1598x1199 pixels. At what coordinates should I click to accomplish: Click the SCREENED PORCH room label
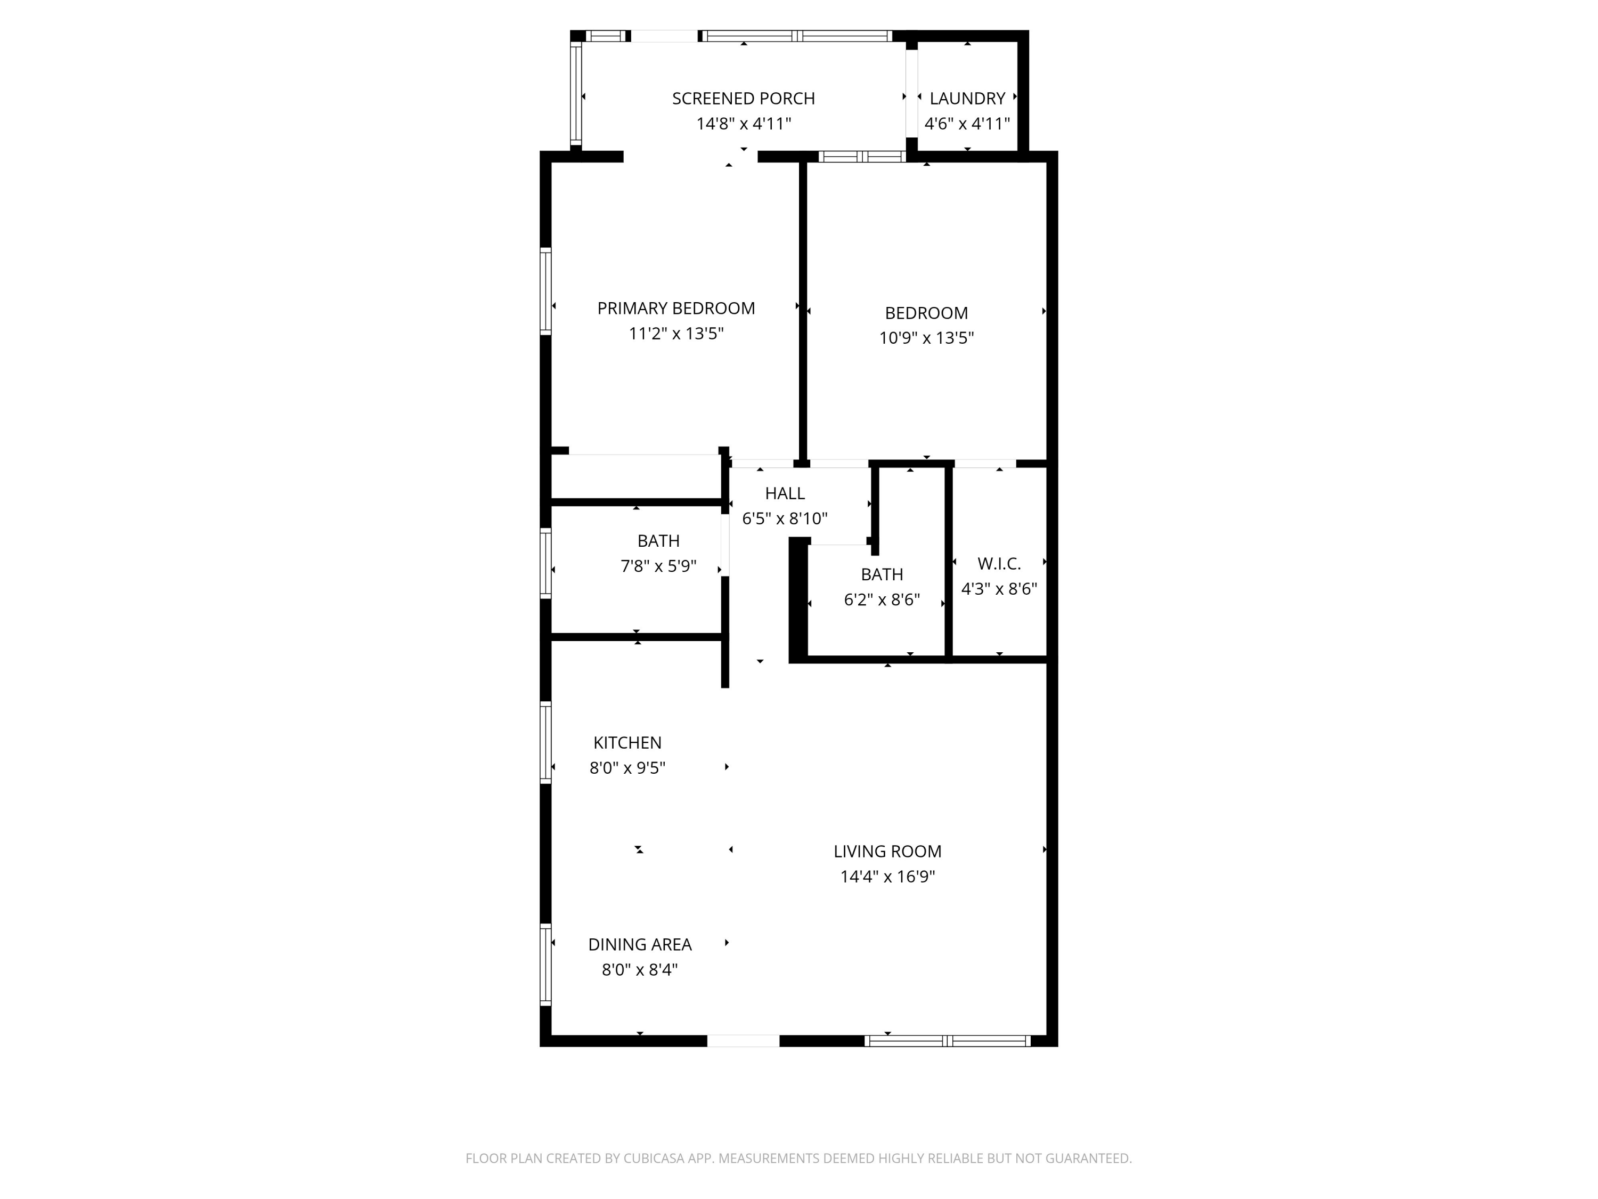coord(744,98)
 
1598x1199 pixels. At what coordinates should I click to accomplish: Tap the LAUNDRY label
coord(967,98)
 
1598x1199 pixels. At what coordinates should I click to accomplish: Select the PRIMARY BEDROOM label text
coord(676,309)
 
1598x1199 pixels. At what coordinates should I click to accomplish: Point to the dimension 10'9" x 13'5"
coord(926,337)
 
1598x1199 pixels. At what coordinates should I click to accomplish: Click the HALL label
coord(785,493)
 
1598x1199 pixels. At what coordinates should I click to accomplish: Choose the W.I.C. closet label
coord(999,564)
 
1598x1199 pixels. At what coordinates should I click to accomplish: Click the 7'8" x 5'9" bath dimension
coord(659,566)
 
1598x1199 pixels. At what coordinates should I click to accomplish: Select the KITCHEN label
coord(627,743)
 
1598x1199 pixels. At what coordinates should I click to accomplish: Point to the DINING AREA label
coord(640,945)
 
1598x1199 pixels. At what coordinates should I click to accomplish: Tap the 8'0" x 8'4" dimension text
coord(640,969)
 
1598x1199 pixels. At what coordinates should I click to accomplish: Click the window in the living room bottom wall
coord(948,1041)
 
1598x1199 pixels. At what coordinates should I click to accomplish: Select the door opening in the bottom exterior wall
coord(744,1041)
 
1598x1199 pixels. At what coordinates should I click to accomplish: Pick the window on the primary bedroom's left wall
coord(546,290)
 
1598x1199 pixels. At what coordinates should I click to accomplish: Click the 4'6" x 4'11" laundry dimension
coord(967,124)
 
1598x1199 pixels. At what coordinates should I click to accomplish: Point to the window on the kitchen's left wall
coord(546,742)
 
